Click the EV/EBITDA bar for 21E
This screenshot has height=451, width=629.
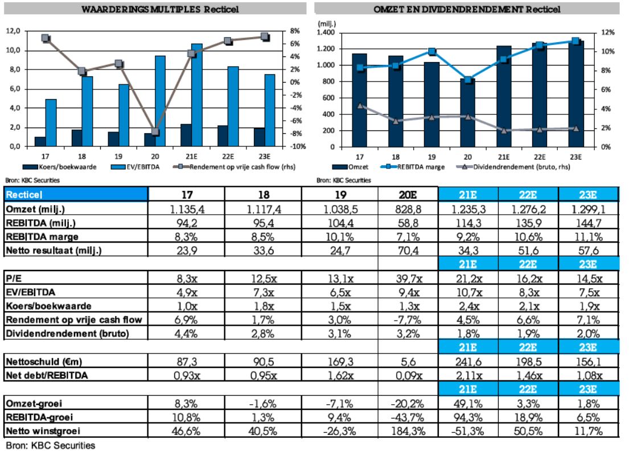coord(196,95)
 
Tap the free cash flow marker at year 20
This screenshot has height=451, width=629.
coord(155,132)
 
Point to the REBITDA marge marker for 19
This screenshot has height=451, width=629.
coord(431,52)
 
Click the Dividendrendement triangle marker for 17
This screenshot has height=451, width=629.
coord(359,105)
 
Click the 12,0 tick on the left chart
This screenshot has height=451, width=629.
coord(13,31)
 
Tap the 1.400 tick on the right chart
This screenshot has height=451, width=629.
coord(327,32)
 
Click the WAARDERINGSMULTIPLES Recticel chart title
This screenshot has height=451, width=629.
coord(159,10)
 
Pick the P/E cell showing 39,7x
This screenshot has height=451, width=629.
coord(408,278)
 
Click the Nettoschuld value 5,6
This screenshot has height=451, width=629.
coord(408,362)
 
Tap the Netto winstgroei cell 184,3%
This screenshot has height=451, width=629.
coord(408,430)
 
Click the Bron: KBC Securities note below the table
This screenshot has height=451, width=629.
coord(51,445)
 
